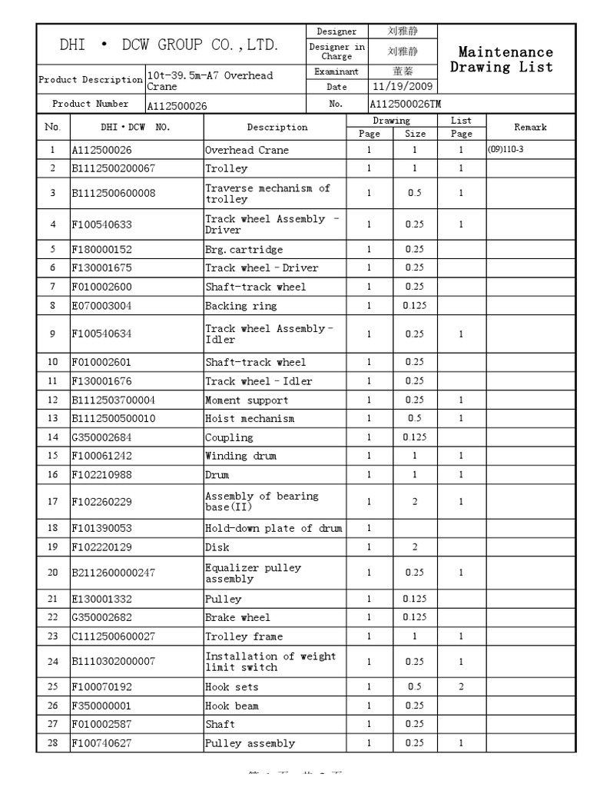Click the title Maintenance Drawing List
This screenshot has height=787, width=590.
coord(505,59)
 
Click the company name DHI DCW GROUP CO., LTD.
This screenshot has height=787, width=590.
coord(169,45)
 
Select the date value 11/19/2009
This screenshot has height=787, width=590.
coord(403,86)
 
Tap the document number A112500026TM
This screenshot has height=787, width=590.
coord(406,104)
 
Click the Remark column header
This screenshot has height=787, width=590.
coord(530,127)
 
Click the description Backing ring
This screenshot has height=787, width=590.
coord(236,305)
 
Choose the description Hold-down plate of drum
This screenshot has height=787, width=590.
coord(273,528)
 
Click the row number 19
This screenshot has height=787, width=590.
coord(52,547)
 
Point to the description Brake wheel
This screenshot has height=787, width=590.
coord(237,618)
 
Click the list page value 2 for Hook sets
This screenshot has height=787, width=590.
coord(461,687)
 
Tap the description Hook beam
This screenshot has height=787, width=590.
coord(231,706)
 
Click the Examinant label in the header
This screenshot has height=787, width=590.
coord(336,71)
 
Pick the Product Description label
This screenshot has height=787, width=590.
coord(91,80)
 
